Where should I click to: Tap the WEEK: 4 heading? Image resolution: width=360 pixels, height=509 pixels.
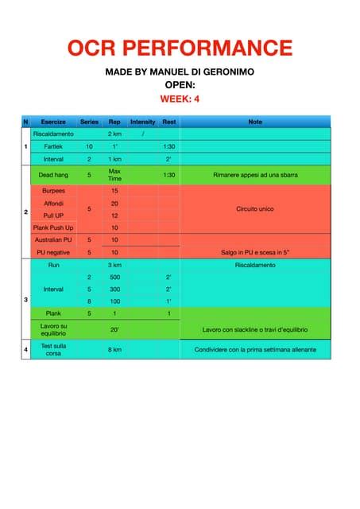pyautogui.click(x=180, y=99)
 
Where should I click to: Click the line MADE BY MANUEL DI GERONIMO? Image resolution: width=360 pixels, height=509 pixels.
pyautogui.click(x=180, y=72)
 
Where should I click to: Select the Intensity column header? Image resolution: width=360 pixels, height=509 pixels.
pyautogui.click(x=142, y=122)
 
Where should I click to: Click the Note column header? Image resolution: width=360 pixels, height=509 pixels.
pyautogui.click(x=255, y=122)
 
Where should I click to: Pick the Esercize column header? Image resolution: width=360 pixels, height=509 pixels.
pyautogui.click(x=53, y=122)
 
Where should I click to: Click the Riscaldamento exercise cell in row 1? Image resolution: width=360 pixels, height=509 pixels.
pyautogui.click(x=53, y=134)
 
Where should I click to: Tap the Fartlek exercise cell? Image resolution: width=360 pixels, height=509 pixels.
pyautogui.click(x=53, y=147)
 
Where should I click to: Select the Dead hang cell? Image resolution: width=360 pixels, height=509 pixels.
pyautogui.click(x=53, y=174)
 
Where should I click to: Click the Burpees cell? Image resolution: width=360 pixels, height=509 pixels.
pyautogui.click(x=53, y=191)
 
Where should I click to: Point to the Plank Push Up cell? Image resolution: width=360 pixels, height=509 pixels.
pyautogui.click(x=53, y=227)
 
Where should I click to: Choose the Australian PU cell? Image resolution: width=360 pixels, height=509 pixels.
pyautogui.click(x=53, y=239)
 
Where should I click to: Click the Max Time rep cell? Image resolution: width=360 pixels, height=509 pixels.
pyautogui.click(x=115, y=174)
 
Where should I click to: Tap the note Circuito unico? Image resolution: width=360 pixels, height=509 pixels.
pyautogui.click(x=255, y=209)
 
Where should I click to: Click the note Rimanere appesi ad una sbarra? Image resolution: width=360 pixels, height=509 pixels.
pyautogui.click(x=255, y=174)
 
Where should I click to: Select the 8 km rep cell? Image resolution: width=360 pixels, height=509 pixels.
pyautogui.click(x=115, y=349)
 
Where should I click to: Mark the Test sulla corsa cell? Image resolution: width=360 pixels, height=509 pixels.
pyautogui.click(x=53, y=349)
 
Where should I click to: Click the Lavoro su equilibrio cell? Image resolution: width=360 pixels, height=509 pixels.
pyautogui.click(x=53, y=329)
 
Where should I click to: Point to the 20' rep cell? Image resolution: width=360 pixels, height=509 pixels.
pyautogui.click(x=115, y=329)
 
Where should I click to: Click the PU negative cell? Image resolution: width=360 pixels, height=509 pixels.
pyautogui.click(x=53, y=252)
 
